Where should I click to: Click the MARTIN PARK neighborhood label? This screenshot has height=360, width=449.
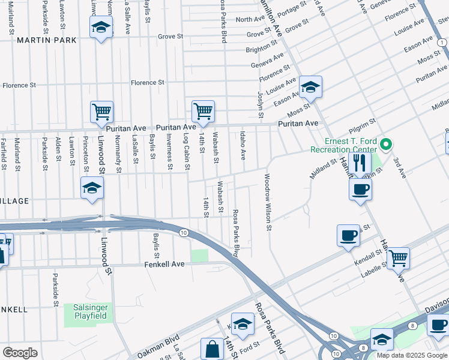point(47,40)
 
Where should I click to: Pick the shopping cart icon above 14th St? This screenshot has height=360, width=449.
point(203,110)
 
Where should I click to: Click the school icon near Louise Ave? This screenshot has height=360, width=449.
point(310,87)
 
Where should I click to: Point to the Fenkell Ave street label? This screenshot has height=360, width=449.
point(164,264)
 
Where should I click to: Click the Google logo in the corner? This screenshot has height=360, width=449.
point(20,353)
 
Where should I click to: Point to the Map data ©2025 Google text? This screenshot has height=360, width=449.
point(411,355)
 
